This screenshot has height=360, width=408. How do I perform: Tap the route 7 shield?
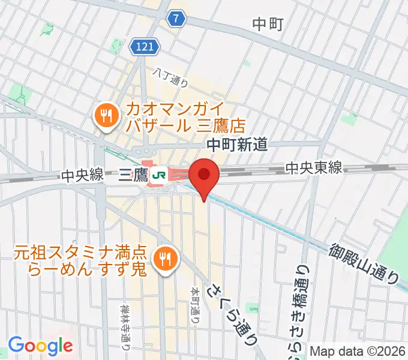click(175, 19)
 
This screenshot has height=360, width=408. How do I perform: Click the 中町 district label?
click(268, 24)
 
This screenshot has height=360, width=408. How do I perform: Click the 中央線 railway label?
click(81, 175)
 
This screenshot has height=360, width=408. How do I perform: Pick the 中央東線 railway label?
click(313, 168)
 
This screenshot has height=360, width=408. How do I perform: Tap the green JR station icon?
click(159, 175)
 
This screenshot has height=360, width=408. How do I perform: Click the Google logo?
click(40, 346)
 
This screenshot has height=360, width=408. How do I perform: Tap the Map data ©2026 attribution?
click(358, 352)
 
